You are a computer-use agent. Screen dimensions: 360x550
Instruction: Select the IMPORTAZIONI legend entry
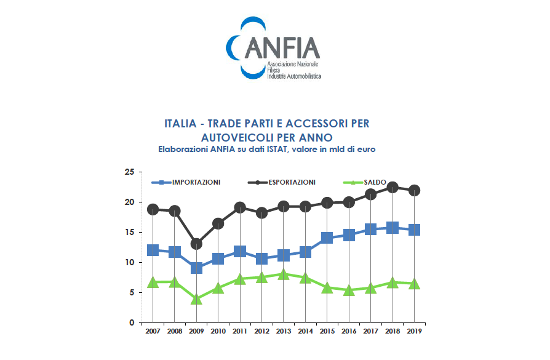pos(196,182)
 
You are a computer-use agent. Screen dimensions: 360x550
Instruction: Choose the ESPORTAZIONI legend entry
pos(286,182)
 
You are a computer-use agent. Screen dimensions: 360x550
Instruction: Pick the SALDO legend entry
pos(374,182)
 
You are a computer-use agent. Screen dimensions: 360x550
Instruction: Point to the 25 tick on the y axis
pos(129,172)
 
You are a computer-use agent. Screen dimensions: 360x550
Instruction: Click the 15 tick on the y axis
pos(129,232)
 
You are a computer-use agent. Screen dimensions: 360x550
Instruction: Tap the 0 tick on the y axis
pos(132,322)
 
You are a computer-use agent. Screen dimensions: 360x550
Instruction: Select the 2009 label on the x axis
pos(197,331)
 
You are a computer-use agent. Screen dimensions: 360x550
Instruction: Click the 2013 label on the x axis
pos(284,331)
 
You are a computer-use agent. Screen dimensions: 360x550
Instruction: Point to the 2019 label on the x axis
pos(414,331)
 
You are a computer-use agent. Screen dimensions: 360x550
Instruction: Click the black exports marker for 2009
pos(196,244)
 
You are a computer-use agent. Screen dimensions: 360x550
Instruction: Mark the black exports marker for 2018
pos(393,188)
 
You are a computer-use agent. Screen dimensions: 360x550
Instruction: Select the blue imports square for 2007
pos(153,250)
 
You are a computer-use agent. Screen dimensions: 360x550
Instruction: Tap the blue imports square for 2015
pos(327,238)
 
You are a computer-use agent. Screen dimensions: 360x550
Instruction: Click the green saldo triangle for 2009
pos(196,300)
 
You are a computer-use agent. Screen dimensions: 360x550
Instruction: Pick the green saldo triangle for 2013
pos(284,274)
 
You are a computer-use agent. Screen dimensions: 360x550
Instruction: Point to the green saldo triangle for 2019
pos(414,284)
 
